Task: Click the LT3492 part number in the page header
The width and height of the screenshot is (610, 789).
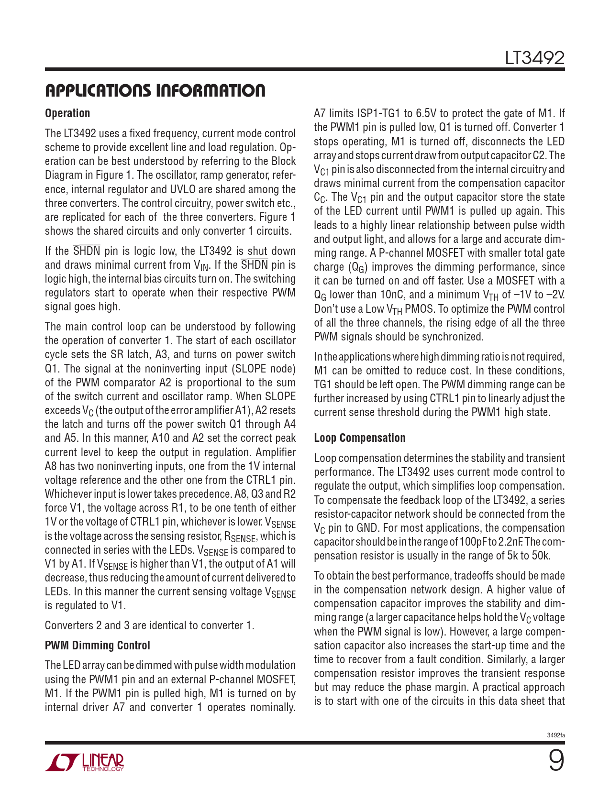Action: point(534,58)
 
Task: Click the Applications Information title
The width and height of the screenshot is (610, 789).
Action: point(155,90)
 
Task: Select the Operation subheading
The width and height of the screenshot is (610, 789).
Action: point(67,113)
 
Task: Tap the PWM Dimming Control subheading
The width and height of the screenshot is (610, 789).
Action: point(97,646)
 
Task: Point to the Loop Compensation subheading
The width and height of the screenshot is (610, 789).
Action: point(359,438)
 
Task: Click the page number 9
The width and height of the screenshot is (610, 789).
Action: point(555,761)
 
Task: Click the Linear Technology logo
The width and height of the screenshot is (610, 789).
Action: point(85,762)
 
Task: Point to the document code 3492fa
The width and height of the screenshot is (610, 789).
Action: point(555,735)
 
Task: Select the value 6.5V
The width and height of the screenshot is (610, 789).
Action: point(426,114)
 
